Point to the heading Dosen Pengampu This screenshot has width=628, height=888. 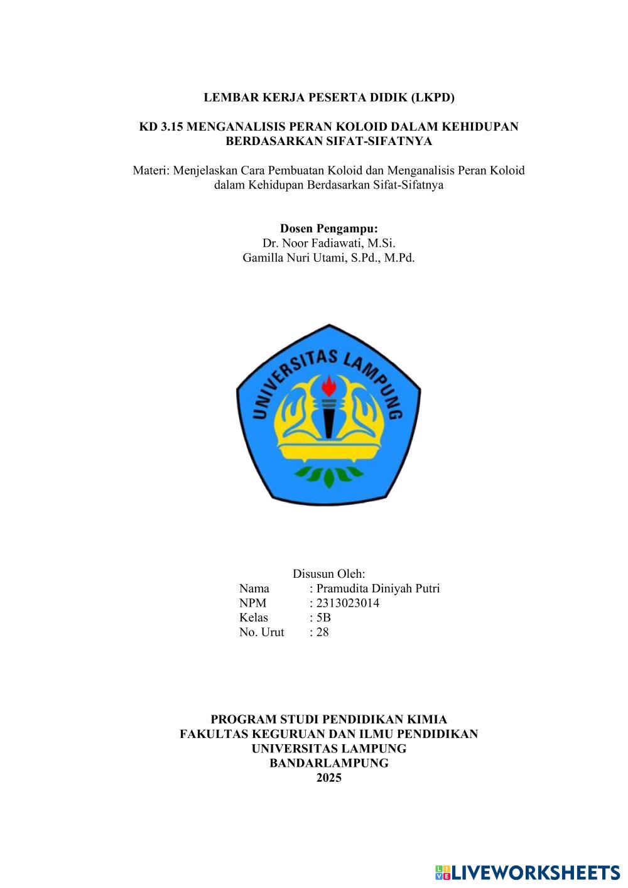click(x=328, y=228)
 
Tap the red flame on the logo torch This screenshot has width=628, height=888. click(x=328, y=384)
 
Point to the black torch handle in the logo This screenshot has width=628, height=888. click(x=328, y=421)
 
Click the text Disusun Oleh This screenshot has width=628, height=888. click(x=328, y=574)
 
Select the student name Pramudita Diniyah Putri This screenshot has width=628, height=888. click(x=378, y=588)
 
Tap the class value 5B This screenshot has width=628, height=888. click(x=323, y=618)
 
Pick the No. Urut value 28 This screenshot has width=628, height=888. click(x=322, y=632)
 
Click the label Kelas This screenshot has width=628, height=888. click(x=253, y=618)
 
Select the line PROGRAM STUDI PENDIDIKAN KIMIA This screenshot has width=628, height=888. click(x=328, y=720)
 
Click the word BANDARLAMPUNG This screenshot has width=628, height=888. click(x=328, y=764)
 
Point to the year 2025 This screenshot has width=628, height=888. click(x=328, y=778)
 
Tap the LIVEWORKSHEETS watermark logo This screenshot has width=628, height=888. click(x=528, y=872)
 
